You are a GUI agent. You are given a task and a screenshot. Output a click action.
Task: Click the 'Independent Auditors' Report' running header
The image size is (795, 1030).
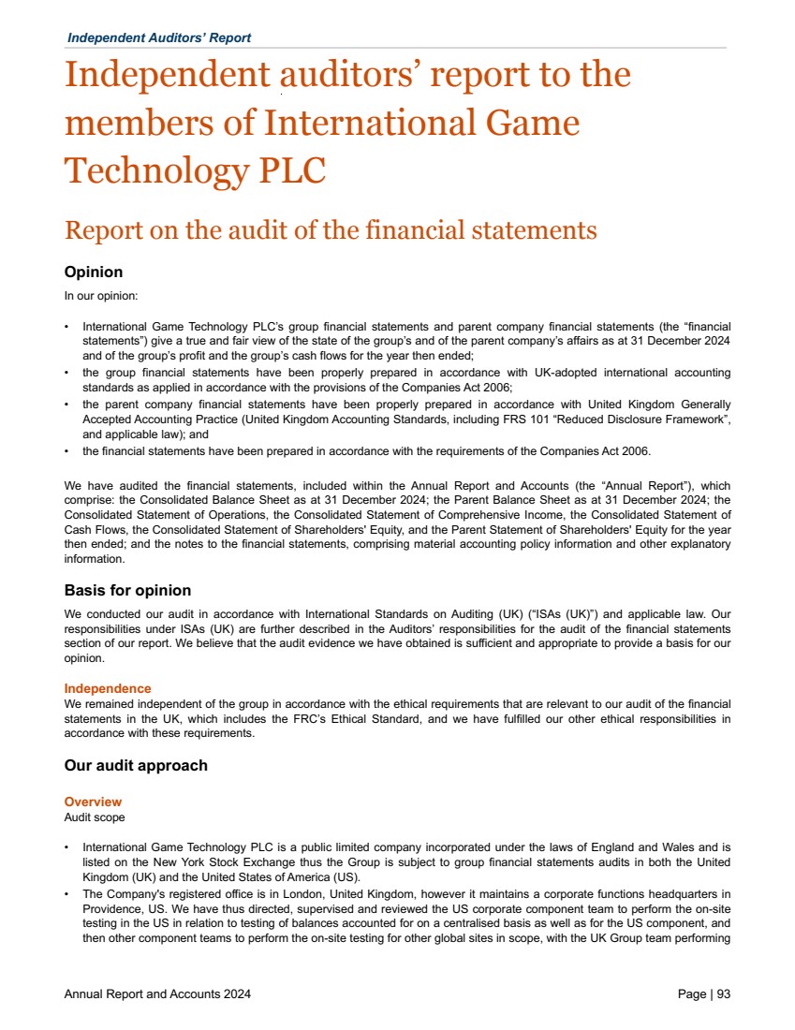[159, 37]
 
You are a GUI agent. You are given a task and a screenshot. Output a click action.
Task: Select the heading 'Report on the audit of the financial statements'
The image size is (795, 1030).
[330, 230]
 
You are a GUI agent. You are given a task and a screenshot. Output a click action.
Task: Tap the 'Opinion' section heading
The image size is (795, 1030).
[93, 272]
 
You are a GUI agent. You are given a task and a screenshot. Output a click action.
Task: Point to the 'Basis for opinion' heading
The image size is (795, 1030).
[127, 591]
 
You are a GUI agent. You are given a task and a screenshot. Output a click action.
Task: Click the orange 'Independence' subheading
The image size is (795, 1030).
[108, 689]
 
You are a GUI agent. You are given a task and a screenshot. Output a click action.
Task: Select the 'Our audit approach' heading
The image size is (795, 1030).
[136, 766]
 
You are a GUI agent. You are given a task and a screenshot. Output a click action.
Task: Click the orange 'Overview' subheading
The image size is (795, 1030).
[93, 802]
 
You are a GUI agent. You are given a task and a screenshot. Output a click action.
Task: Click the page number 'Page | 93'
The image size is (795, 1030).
[703, 994]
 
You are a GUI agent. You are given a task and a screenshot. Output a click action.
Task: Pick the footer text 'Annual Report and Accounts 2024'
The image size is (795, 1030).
[157, 994]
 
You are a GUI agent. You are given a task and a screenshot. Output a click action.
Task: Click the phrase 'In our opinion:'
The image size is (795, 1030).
[101, 296]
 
